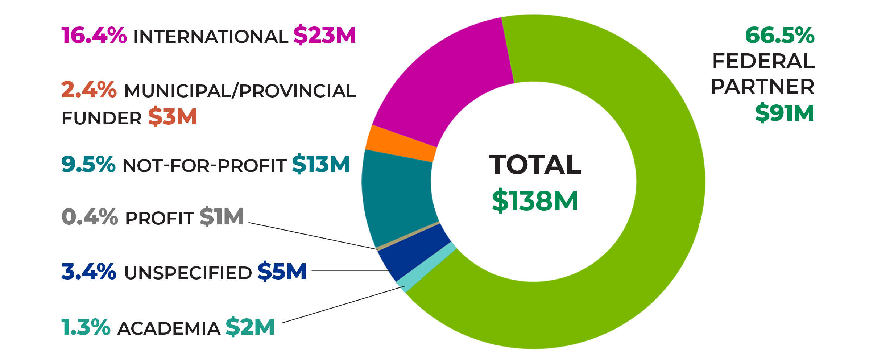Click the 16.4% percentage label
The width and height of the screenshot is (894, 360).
[94, 36]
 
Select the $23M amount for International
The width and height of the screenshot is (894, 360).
[324, 35]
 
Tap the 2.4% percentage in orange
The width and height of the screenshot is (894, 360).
[89, 90]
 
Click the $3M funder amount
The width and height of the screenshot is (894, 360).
[172, 117]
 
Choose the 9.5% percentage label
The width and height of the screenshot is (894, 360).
[88, 164]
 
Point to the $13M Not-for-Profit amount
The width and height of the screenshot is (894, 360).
[321, 164]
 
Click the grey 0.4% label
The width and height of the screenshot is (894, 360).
[90, 217]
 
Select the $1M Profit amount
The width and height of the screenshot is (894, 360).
[222, 217]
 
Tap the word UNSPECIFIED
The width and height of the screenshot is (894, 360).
[188, 273]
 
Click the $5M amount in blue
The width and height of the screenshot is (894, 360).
[282, 272]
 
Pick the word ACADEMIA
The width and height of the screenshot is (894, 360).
[169, 328]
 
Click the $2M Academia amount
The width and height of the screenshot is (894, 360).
[250, 327]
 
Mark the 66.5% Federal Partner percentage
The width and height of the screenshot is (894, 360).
[779, 36]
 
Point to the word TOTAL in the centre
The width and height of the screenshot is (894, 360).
[535, 165]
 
